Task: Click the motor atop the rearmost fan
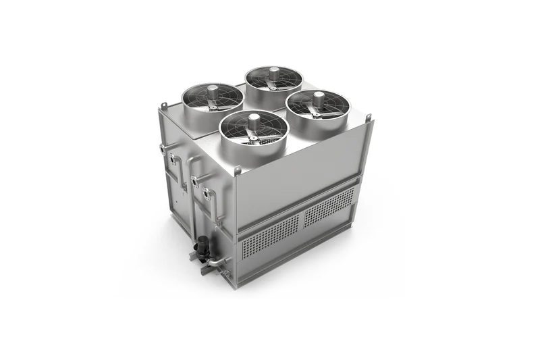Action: (275, 71)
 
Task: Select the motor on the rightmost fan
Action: (317, 97)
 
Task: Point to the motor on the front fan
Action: (254, 122)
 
